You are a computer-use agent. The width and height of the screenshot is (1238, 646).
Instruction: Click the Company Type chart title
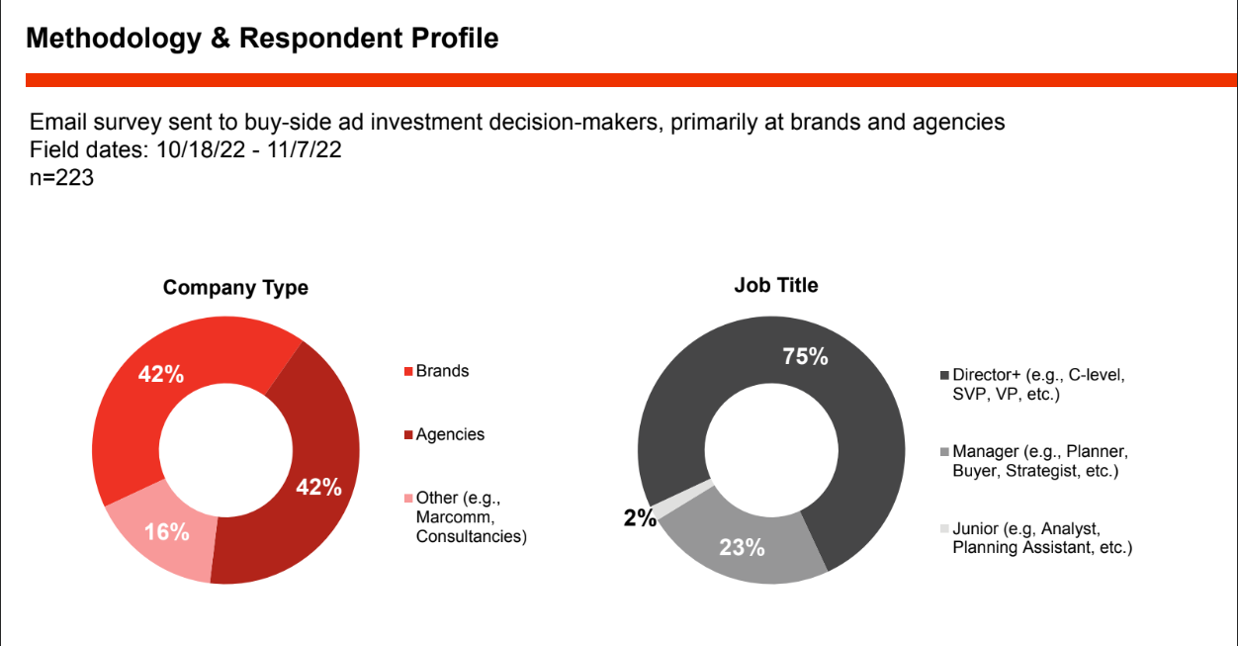pyautogui.click(x=235, y=288)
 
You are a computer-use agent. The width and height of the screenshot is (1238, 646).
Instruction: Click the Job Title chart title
pyautogui.click(x=776, y=285)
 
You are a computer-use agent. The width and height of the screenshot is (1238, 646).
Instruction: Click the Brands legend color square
pyautogui.click(x=408, y=371)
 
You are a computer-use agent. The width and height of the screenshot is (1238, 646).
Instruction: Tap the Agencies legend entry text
pyautogui.click(x=450, y=434)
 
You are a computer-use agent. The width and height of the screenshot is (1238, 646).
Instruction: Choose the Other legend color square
pyautogui.click(x=408, y=499)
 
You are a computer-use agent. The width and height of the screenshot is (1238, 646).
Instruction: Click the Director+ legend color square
pyautogui.click(x=944, y=376)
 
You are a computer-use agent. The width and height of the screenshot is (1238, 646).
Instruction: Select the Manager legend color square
pyautogui.click(x=944, y=452)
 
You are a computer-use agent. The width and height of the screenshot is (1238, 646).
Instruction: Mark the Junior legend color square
pyautogui.click(x=944, y=528)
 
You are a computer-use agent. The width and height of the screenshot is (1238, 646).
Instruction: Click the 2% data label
pyautogui.click(x=640, y=518)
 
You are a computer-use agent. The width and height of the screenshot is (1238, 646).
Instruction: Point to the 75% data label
pyautogui.click(x=805, y=357)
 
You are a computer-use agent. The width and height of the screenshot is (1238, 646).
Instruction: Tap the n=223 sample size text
pyautogui.click(x=61, y=177)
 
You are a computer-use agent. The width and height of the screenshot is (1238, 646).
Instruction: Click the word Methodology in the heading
pyautogui.click(x=114, y=39)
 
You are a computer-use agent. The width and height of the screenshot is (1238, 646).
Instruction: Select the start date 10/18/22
pyautogui.click(x=201, y=150)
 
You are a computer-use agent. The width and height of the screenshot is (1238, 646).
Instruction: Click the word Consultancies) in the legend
pyautogui.click(x=472, y=536)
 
